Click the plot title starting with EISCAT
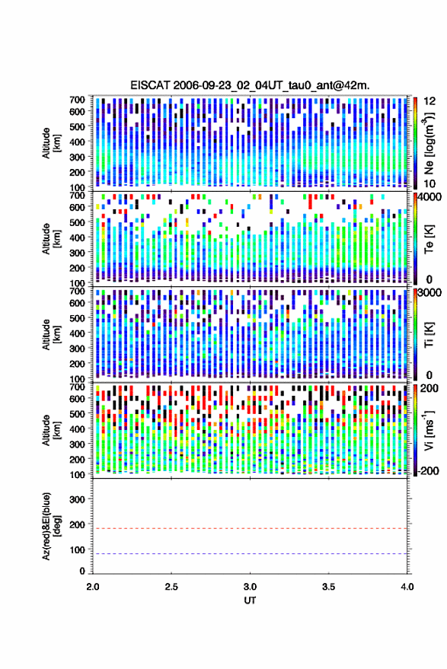250,85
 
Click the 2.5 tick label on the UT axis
171,587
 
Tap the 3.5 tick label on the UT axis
328,587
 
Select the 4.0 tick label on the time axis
407,587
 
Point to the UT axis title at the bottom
250,601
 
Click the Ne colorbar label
429,143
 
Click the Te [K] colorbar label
429,239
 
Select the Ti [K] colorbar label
429,335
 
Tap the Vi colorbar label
429,431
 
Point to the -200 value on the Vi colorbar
429,471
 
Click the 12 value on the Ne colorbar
429,101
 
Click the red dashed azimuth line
250,528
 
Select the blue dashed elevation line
250,554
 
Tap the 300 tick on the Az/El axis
77,499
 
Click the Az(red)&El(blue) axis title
51,527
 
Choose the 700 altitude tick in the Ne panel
77,100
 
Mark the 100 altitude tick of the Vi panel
77,474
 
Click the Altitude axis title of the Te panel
51,239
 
